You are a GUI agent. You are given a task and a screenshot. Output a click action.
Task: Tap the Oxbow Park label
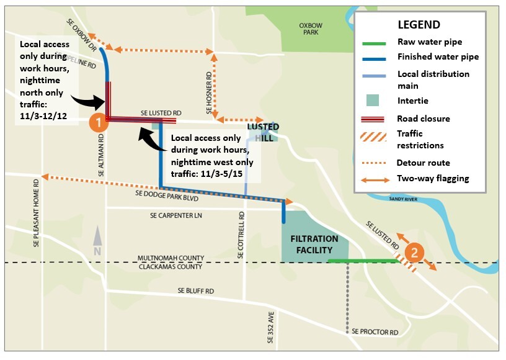[311, 29]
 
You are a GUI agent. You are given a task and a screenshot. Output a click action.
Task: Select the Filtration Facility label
[316, 243]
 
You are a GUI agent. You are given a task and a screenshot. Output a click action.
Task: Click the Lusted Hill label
[264, 132]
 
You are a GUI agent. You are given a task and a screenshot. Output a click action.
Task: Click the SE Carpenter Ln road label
[177, 215]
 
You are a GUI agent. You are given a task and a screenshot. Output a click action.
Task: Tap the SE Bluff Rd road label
[195, 290]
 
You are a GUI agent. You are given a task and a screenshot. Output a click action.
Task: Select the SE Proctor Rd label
[375, 333]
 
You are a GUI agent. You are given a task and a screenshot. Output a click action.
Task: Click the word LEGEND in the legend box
[419, 25]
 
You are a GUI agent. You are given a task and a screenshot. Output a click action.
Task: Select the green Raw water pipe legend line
[375, 43]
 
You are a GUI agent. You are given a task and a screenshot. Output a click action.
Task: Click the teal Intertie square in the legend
[375, 100]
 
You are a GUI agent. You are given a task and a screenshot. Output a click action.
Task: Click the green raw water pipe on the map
[363, 261]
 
